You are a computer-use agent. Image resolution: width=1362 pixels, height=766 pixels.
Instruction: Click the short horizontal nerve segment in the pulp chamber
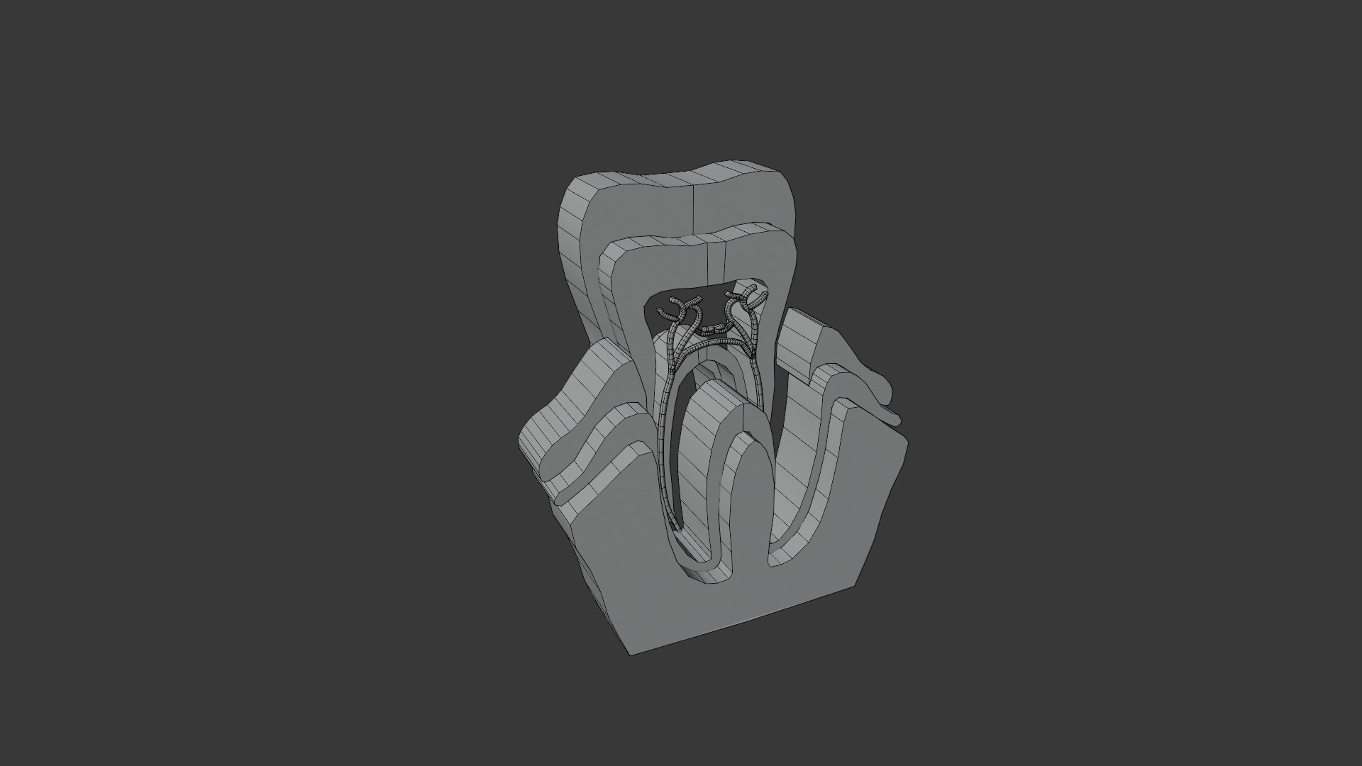point(711,330)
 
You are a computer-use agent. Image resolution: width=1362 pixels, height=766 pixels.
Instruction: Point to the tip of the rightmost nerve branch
point(765,296)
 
